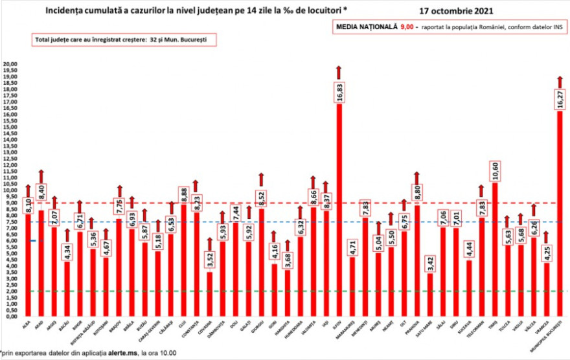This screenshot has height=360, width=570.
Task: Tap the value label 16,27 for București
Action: click(560, 100)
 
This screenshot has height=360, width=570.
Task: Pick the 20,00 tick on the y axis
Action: click(10, 65)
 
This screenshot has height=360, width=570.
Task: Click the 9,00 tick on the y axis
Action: click(10, 203)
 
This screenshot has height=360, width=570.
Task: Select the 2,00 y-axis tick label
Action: click(10, 291)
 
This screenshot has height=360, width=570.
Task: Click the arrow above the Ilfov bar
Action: click(338, 71)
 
